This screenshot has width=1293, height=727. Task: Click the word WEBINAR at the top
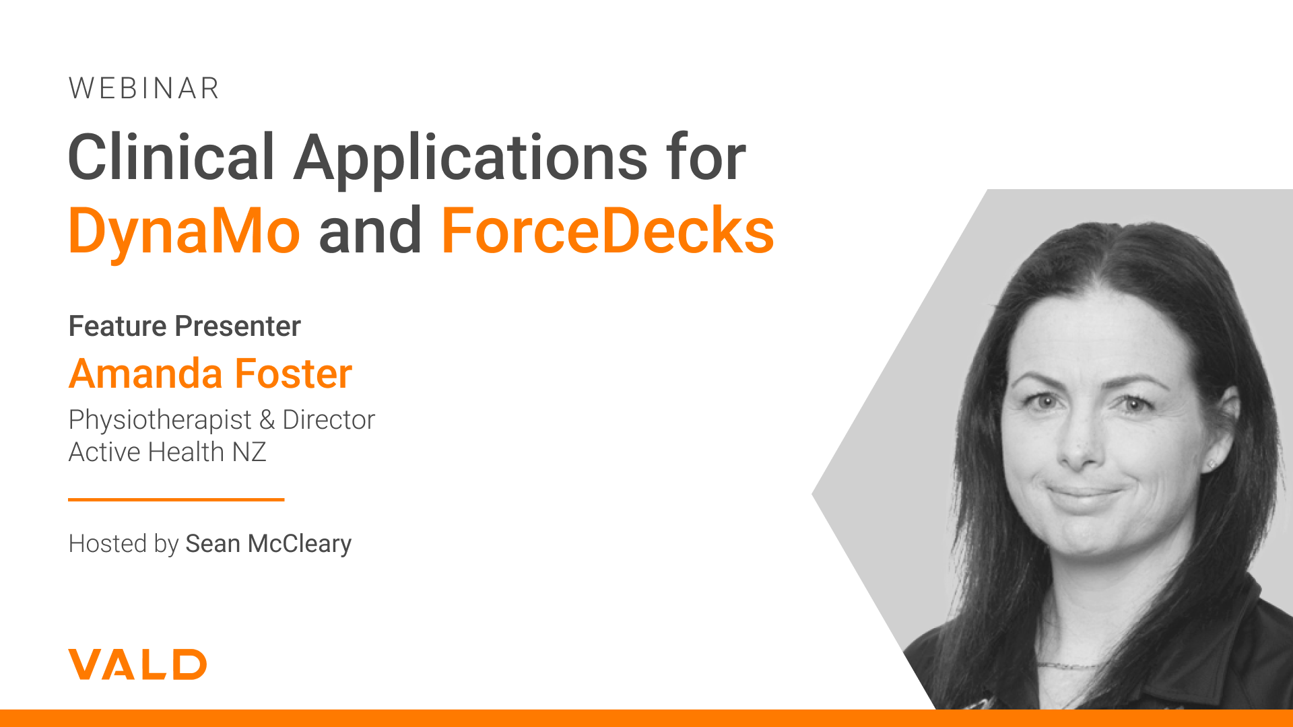[x=144, y=89]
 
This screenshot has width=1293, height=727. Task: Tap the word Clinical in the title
[x=172, y=158]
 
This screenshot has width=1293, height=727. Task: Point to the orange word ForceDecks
[x=607, y=230]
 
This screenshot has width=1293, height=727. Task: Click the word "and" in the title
[x=370, y=230]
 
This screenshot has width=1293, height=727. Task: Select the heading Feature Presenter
[x=185, y=326]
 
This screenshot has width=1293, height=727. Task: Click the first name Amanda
[x=146, y=374]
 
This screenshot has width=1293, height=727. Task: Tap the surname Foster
[x=294, y=374]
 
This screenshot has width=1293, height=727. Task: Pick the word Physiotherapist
[x=160, y=421]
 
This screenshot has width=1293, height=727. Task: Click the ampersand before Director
[x=267, y=420]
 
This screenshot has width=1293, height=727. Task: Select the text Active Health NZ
[x=168, y=452]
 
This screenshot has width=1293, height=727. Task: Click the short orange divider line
[x=176, y=499]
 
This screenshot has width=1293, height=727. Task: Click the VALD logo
[x=137, y=664]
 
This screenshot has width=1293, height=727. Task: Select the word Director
[x=329, y=420]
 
